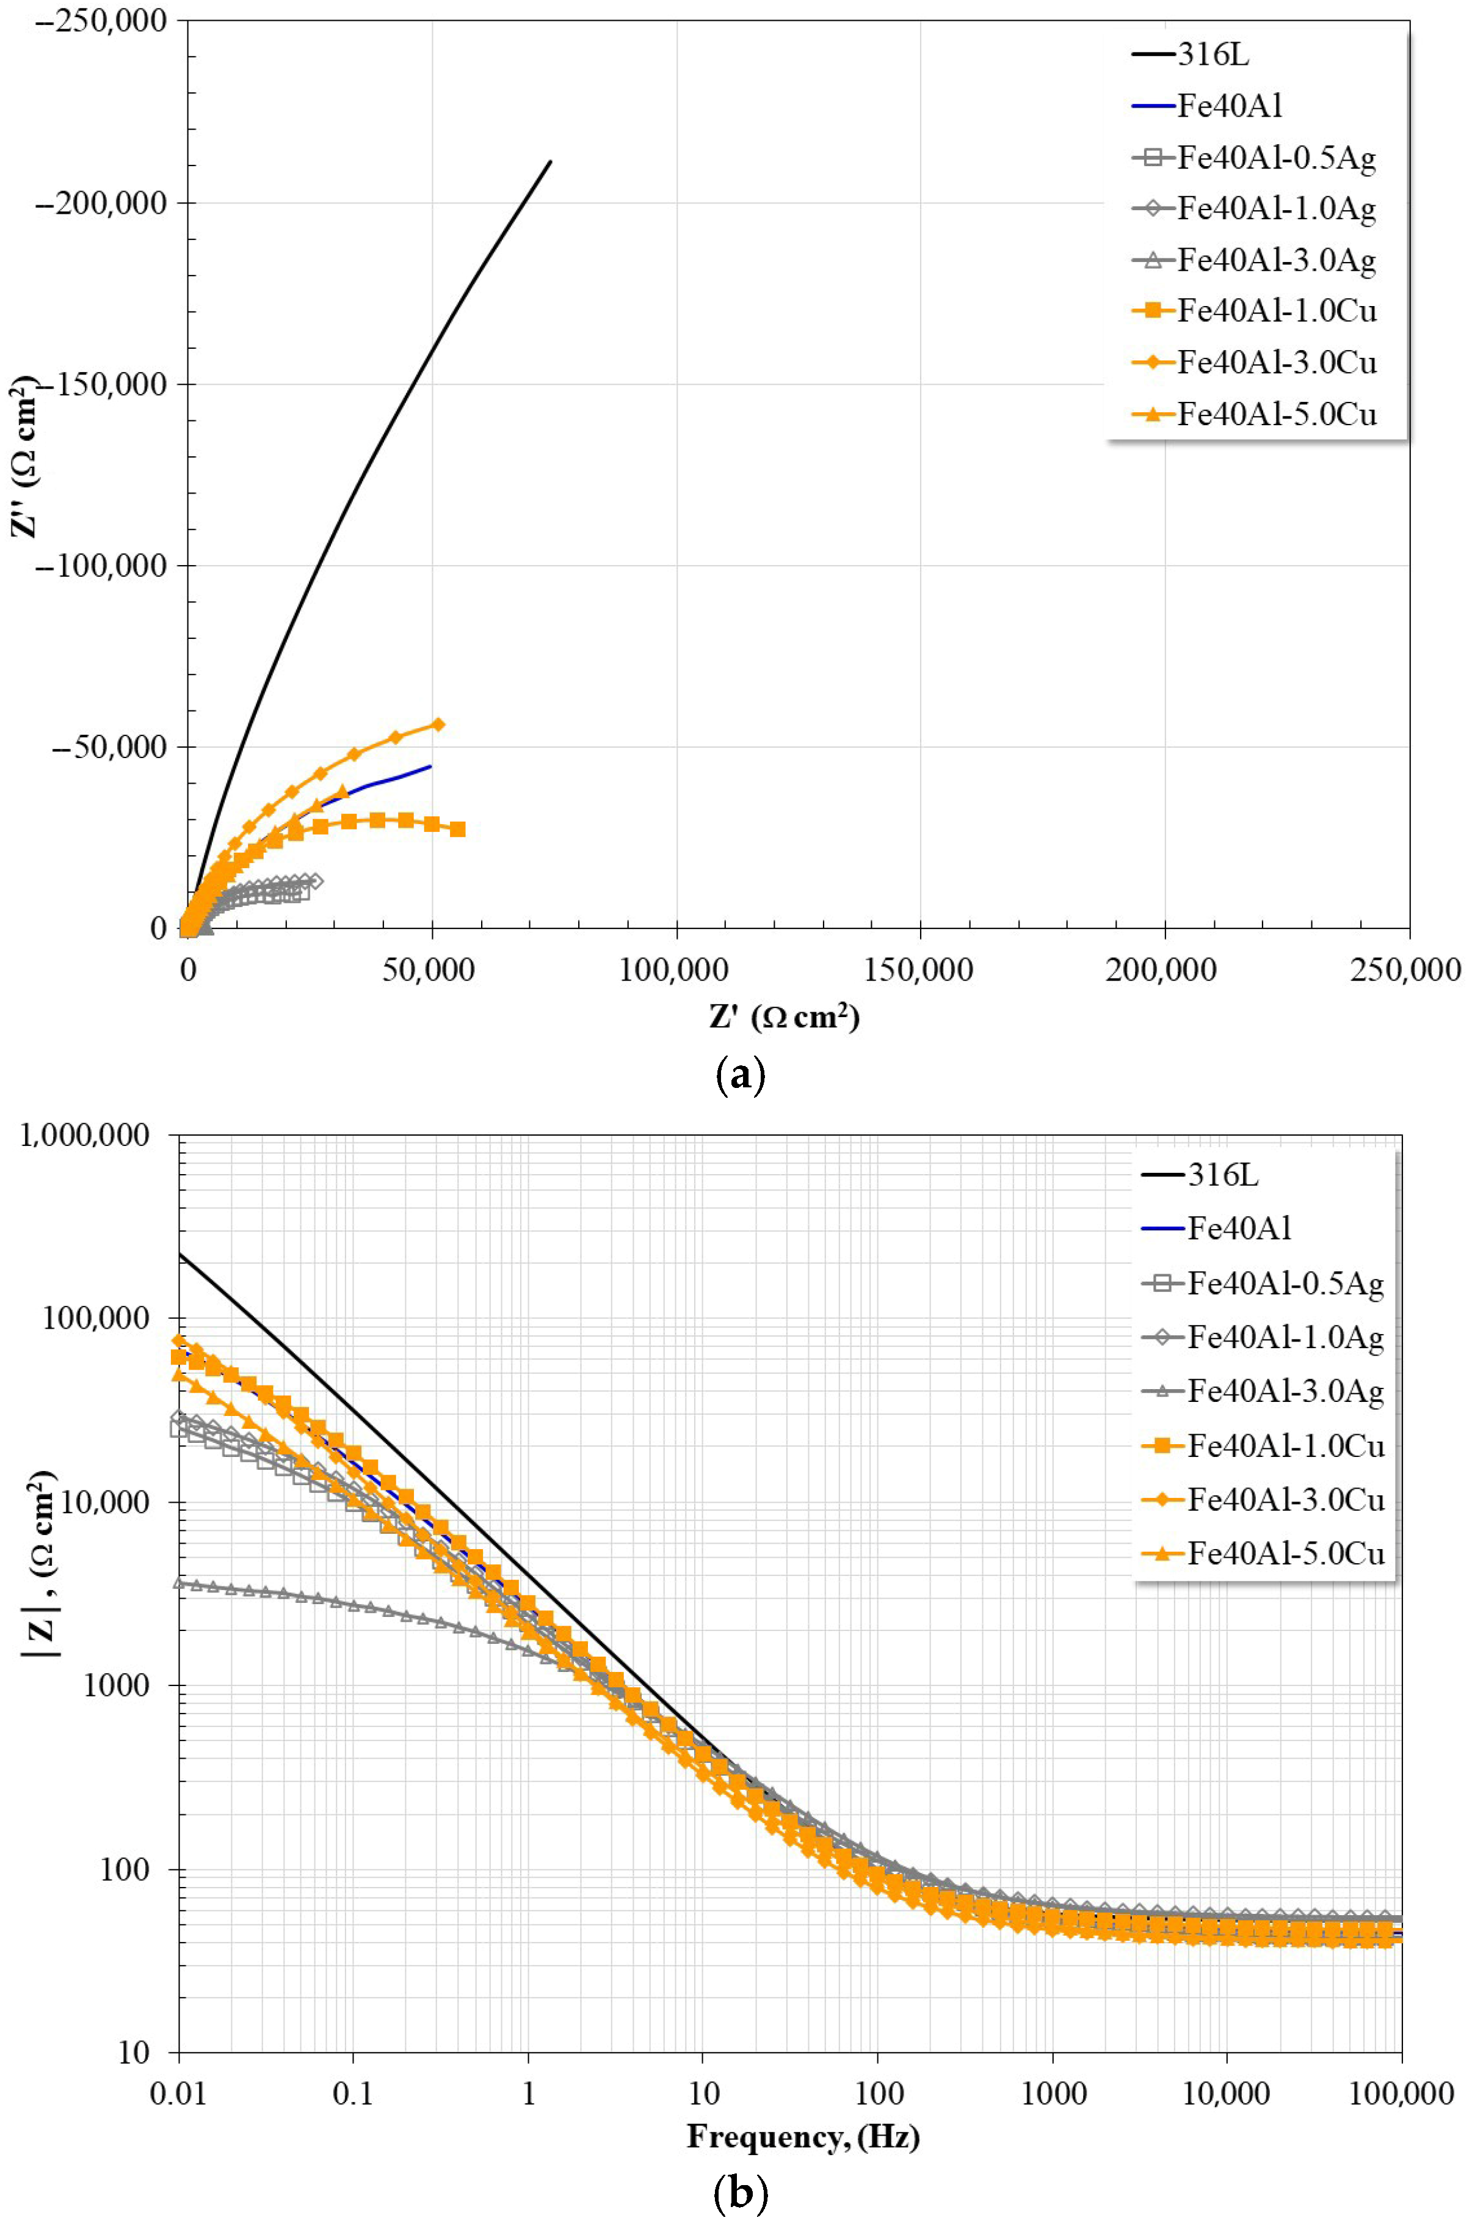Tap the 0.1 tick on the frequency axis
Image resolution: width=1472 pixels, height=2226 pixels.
(353, 2093)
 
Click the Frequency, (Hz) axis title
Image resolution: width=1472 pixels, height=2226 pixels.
(803, 2137)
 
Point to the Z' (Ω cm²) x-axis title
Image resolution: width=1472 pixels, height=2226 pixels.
(784, 1016)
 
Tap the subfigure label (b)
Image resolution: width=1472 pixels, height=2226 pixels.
(741, 2195)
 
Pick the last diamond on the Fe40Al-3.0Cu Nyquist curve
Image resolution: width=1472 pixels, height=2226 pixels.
(438, 724)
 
